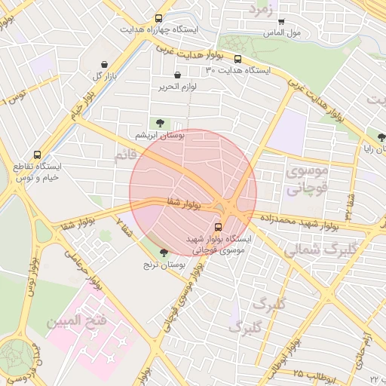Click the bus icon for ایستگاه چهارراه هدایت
point(158,18)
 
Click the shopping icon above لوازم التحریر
point(177,75)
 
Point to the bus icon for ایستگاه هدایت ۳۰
point(238,59)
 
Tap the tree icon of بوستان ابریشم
point(159,123)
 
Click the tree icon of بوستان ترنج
point(164,253)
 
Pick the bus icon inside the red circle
point(219,225)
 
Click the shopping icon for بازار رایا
point(381,136)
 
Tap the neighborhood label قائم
point(124,155)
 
